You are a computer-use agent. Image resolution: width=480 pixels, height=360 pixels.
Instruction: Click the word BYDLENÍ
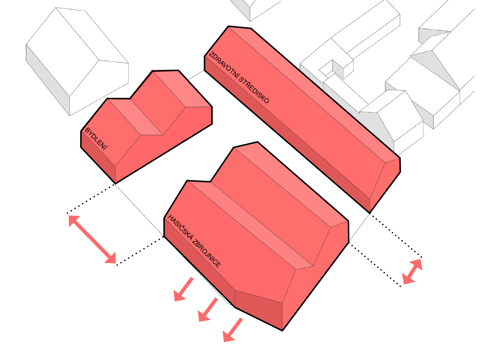pos(96,139)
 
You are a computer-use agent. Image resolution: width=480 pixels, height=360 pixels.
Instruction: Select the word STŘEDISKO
pos(254,90)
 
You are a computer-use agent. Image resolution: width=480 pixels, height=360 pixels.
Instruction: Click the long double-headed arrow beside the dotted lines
pos(92,239)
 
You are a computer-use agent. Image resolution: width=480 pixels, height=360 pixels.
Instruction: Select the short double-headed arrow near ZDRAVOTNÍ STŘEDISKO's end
pos(412,272)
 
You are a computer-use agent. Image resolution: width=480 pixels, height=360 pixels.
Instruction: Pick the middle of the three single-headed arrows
pos(208,310)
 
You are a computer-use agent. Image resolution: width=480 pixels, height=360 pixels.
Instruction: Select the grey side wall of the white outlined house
pos(48,80)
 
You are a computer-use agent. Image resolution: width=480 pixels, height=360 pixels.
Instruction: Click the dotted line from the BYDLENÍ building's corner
pos(91,199)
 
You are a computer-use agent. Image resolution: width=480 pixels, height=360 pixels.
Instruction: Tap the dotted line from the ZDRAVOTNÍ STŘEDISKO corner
pos(396,235)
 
